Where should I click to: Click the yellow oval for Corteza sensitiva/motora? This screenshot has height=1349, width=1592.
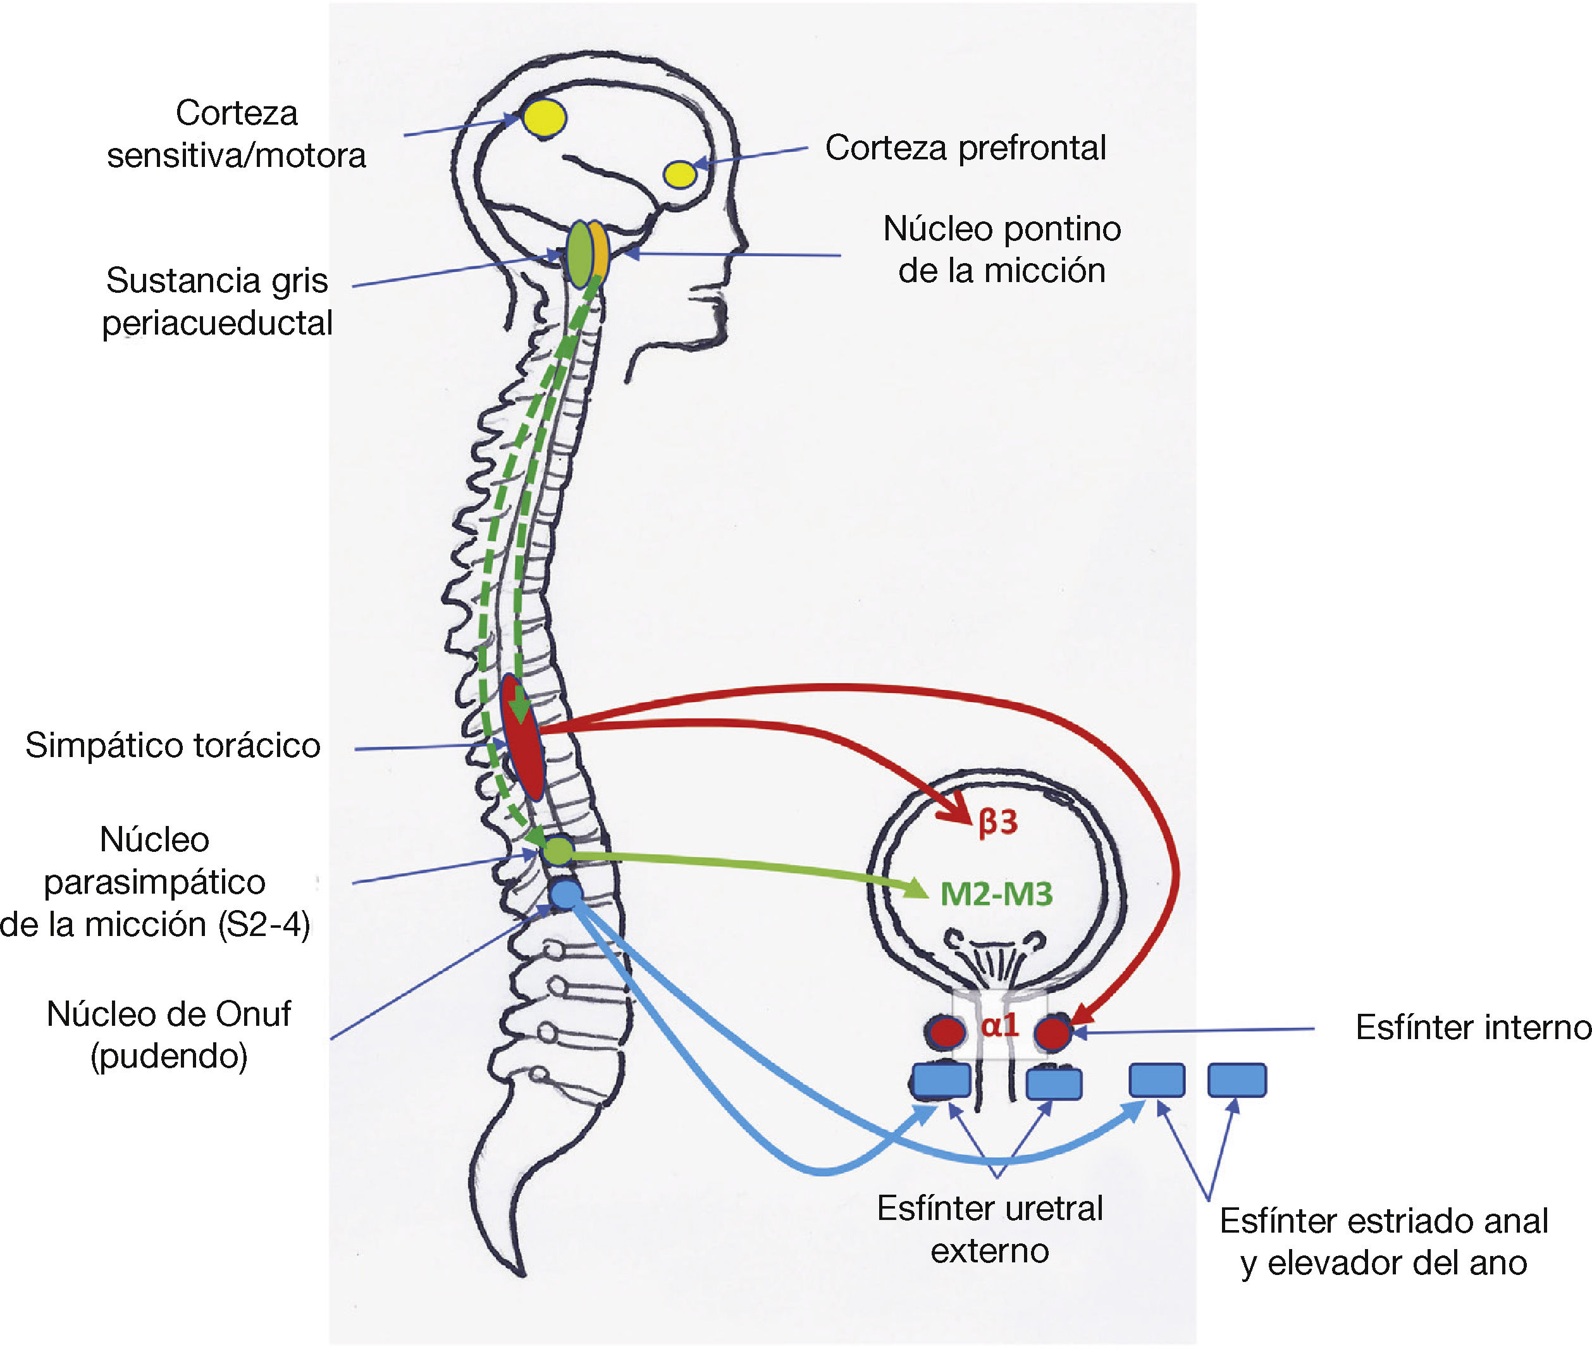[544, 118]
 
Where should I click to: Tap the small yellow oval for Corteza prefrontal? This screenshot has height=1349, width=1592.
[679, 173]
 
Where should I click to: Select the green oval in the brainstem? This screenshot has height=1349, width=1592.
[579, 254]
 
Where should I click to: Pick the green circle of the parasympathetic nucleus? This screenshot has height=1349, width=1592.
[558, 851]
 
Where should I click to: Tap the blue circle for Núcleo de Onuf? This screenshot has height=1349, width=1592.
[566, 894]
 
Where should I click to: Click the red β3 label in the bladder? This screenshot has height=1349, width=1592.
[998, 822]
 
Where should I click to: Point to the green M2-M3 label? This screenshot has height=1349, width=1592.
[996, 893]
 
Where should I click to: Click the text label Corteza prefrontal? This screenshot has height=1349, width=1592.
[965, 147]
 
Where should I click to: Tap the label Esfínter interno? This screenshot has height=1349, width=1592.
[1472, 1027]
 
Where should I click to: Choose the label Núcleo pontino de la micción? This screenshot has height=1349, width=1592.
[1002, 249]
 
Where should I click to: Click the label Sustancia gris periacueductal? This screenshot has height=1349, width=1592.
[217, 301]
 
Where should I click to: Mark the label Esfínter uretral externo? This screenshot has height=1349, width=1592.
[989, 1229]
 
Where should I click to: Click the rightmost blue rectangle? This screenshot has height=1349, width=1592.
[1237, 1080]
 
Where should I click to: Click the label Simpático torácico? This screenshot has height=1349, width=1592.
[173, 745]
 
